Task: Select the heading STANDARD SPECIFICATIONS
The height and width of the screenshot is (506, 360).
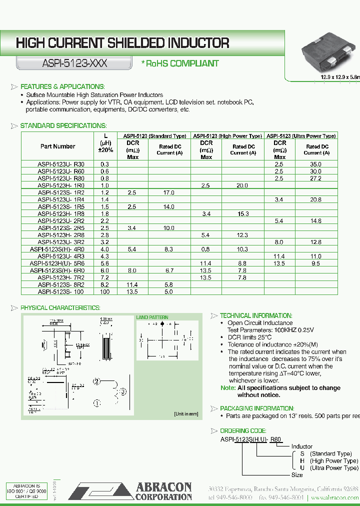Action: pyautogui.click(x=63, y=125)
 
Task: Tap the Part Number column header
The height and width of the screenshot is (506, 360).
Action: pyautogui.click(x=57, y=146)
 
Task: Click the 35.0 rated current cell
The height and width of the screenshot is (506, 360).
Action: pyautogui.click(x=315, y=164)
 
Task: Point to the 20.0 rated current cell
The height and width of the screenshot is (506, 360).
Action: pyautogui.click(x=242, y=185)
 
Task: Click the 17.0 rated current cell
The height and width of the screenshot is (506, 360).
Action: pyautogui.click(x=168, y=192)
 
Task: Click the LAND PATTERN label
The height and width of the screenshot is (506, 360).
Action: pyautogui.click(x=152, y=317)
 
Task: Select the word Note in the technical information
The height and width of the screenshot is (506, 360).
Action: pyautogui.click(x=227, y=388)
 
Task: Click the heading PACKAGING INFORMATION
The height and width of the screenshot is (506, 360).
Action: pyautogui.click(x=256, y=408)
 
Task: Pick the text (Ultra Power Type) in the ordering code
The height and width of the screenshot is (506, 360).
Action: pyautogui.click(x=334, y=468)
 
